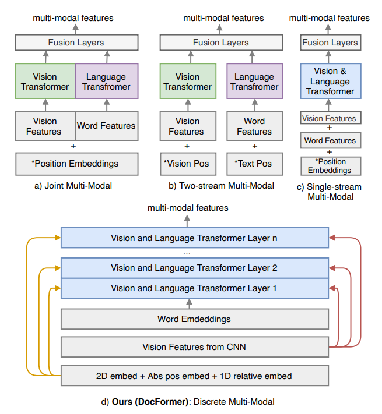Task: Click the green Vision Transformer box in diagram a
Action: (45, 82)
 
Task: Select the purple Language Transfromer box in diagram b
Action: (254, 82)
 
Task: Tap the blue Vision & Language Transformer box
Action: (330, 82)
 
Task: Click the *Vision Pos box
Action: (187, 164)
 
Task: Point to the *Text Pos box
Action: (254, 164)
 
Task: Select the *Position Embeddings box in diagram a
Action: (76, 164)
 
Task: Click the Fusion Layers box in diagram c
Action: (330, 43)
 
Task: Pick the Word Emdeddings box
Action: (194, 319)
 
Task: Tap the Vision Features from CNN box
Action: (194, 347)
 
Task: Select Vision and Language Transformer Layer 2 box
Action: (194, 268)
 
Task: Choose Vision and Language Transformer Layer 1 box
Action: (194, 288)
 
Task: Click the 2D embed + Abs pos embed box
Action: (194, 375)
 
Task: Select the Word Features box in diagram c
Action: (330, 140)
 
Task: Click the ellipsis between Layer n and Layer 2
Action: (187, 253)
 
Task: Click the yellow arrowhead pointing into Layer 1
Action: (57, 288)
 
